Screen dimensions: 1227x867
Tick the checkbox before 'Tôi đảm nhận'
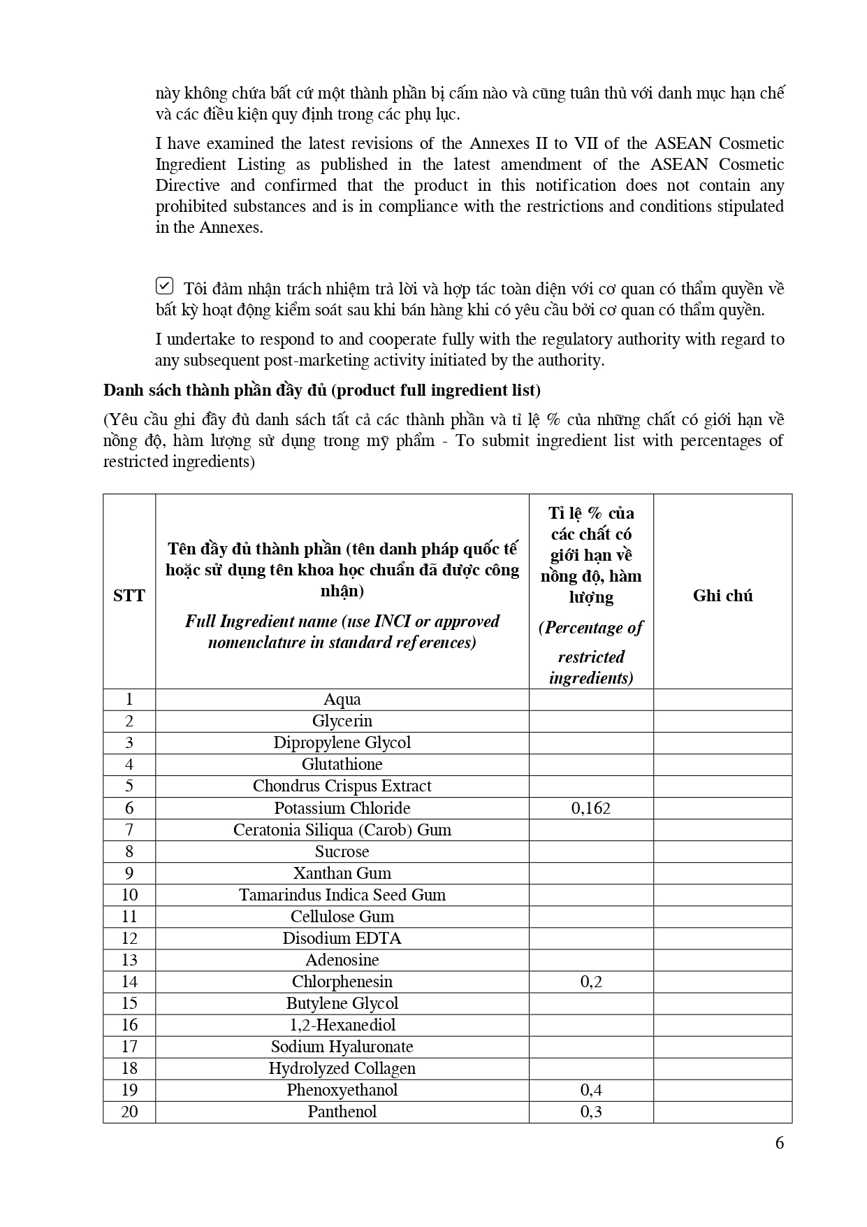point(163,286)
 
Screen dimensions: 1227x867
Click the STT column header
point(129,596)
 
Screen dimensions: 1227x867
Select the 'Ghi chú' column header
point(722,596)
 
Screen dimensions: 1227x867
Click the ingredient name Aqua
point(342,700)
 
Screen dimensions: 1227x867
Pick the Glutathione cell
point(342,765)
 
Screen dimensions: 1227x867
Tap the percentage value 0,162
point(591,808)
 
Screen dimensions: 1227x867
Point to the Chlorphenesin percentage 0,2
point(591,982)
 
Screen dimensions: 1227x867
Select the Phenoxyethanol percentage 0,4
point(591,1090)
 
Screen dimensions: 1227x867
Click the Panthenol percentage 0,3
point(591,1112)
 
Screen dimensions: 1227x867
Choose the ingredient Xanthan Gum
point(342,873)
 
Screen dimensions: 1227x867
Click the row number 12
point(129,938)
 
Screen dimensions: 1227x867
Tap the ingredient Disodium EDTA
point(342,938)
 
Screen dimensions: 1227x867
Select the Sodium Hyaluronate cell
point(342,1047)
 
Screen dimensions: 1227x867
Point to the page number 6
point(780,1143)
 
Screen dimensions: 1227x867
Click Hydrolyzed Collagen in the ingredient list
point(342,1068)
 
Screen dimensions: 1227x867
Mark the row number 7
point(129,830)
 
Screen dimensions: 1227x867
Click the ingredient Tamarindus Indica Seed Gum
point(342,895)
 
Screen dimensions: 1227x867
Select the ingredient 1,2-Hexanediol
point(342,1025)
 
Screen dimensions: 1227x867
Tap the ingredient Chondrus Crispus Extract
point(342,787)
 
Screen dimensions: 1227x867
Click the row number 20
point(129,1112)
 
